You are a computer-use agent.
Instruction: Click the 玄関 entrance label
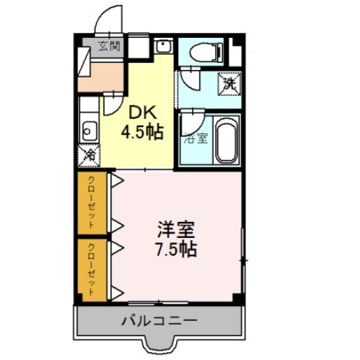point(110,46)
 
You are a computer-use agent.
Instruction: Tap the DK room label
point(142,112)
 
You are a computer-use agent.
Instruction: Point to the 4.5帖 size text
point(142,132)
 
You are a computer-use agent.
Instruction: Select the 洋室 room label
point(176,229)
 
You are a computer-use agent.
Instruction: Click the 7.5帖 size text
point(176,249)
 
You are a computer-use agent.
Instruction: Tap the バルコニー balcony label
point(159,321)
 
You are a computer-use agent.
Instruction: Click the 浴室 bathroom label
point(196,139)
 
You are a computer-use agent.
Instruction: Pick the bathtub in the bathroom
point(226,140)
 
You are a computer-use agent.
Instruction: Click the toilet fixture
point(206,52)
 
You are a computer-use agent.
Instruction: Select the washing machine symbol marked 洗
point(229,83)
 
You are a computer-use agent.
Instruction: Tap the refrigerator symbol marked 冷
point(89,156)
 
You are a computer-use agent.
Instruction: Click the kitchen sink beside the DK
point(90,131)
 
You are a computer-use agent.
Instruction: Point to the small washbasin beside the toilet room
point(164,46)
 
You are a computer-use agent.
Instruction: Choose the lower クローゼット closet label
point(91,269)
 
